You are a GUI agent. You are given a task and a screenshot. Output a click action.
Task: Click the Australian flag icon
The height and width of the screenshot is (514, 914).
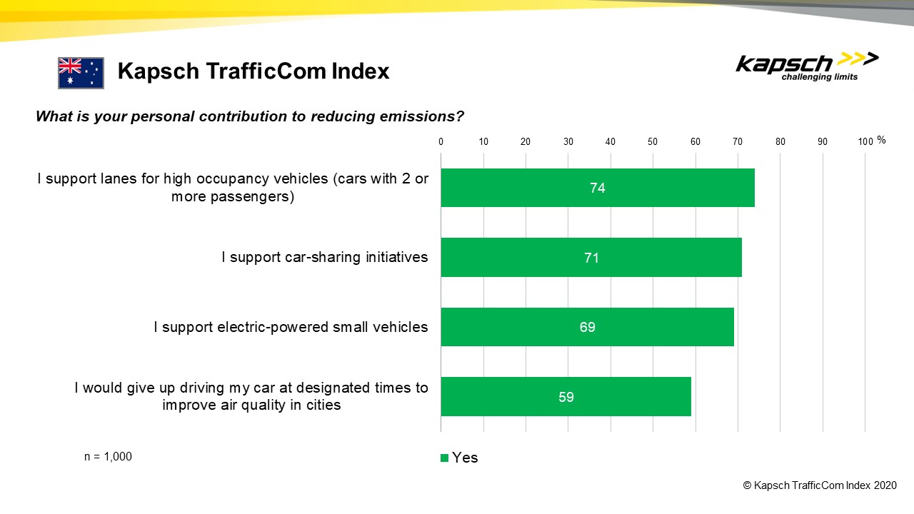[81, 73]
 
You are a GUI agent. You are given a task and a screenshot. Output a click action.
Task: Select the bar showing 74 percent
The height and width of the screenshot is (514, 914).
[597, 188]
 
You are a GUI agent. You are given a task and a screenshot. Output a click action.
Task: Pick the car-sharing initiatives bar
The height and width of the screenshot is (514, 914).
[591, 257]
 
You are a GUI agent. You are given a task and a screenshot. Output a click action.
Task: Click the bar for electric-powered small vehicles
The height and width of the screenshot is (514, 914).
[587, 327]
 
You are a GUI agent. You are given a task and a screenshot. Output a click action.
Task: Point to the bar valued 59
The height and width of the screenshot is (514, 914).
[566, 396]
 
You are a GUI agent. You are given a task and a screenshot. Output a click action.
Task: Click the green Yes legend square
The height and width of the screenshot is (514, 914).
[445, 458]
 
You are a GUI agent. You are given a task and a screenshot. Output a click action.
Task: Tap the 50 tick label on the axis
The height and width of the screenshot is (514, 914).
[653, 141]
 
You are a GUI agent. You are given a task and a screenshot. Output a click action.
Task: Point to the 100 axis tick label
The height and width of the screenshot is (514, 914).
[865, 141]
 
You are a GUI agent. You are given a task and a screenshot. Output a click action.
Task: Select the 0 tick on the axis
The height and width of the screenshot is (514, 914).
[441, 141]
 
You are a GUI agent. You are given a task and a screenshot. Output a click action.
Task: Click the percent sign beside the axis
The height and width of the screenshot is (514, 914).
[881, 141]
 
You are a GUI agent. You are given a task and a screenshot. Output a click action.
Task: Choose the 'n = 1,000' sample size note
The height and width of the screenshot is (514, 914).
[108, 457]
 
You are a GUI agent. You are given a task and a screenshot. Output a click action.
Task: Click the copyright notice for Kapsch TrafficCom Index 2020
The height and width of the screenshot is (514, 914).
[819, 485]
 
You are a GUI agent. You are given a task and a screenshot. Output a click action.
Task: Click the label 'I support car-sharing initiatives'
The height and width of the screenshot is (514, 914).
[324, 257]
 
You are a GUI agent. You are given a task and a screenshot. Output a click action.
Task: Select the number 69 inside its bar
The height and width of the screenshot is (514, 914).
[587, 327]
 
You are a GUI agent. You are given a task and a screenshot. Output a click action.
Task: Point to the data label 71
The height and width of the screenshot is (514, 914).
[591, 257]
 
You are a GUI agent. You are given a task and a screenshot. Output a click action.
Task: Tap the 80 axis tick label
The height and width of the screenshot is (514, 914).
[780, 141]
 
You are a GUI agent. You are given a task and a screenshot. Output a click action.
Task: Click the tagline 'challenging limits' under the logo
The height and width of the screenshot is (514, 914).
[820, 77]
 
